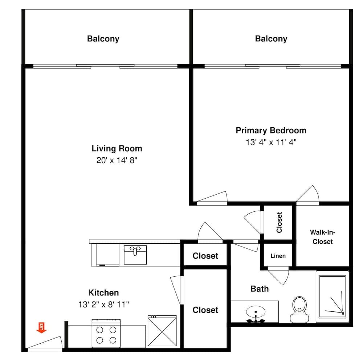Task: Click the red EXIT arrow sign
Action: point(41,328)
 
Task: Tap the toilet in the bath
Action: point(299,310)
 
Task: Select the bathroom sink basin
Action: point(256,312)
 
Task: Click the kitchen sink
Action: point(135,255)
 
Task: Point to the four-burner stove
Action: point(106,333)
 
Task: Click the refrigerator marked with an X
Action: point(162,331)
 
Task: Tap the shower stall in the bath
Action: point(333,297)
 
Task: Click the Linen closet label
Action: point(278,256)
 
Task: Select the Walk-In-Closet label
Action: point(322,237)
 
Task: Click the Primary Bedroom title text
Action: point(271,131)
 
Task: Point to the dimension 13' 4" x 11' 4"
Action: point(271,142)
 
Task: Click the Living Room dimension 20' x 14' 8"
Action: point(117,160)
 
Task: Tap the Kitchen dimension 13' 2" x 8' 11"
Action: point(103,305)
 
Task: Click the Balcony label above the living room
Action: point(103,39)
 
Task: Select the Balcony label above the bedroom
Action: point(271,39)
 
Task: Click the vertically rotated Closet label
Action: point(279,223)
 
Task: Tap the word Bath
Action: point(260,289)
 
